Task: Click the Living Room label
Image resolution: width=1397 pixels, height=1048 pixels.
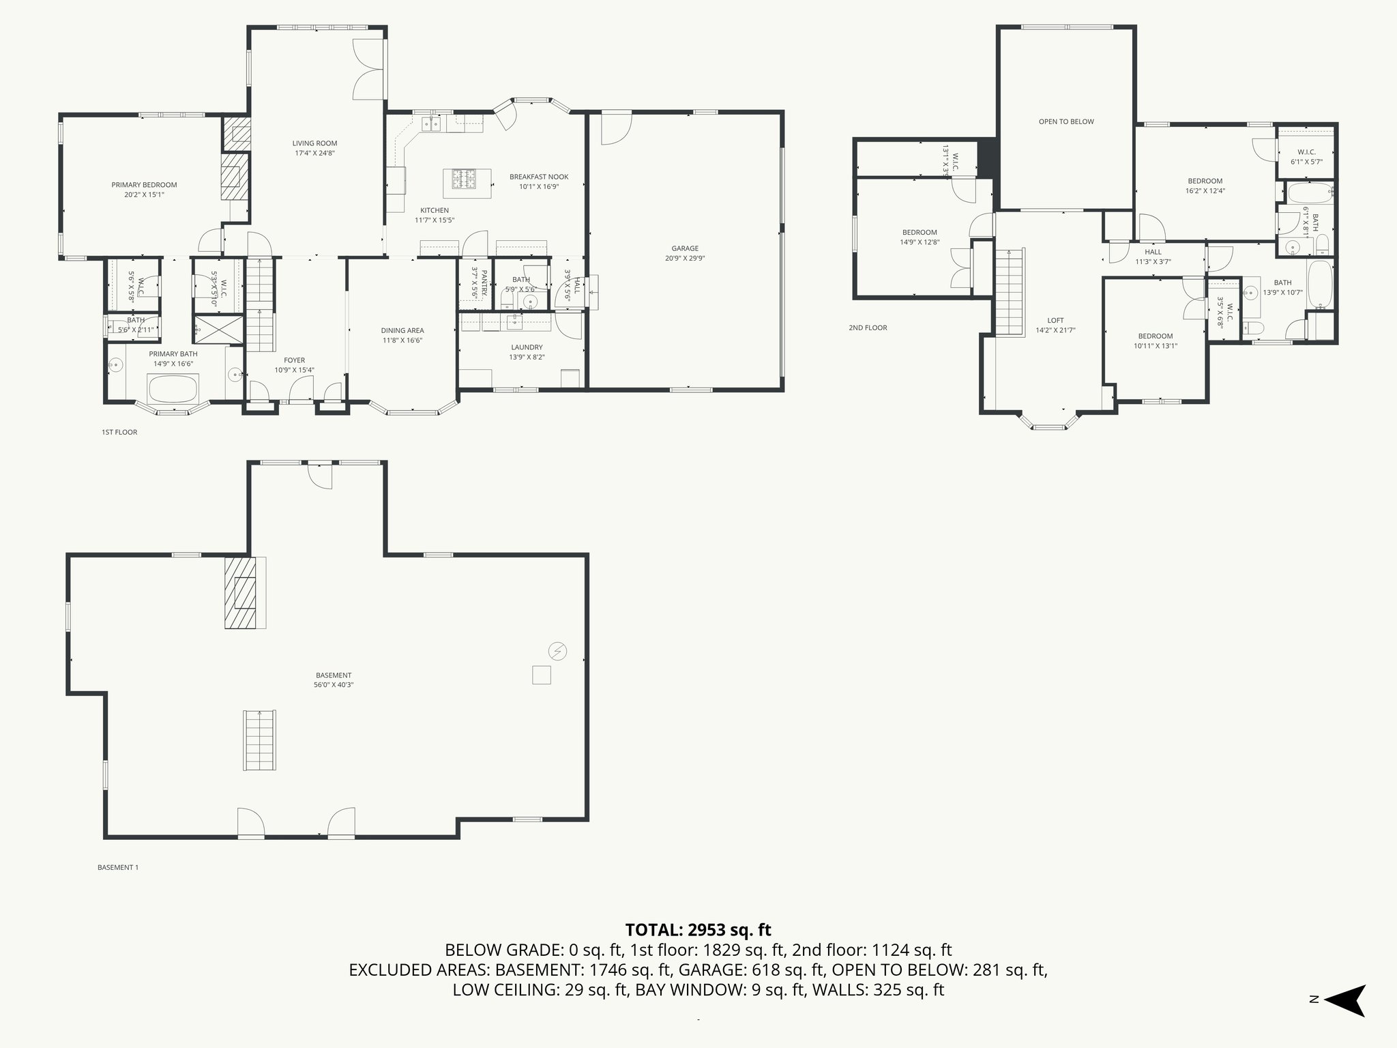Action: coord(314,143)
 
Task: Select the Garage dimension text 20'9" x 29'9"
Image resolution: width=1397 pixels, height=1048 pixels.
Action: coord(685,259)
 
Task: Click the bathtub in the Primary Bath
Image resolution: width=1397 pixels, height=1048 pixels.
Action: coord(173,390)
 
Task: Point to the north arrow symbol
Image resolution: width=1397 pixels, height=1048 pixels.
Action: coord(1344,1000)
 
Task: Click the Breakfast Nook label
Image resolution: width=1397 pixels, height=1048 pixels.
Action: coord(538,177)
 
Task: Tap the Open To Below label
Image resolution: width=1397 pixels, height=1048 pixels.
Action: coord(1065,122)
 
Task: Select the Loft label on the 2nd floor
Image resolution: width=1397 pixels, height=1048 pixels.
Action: coord(1055,321)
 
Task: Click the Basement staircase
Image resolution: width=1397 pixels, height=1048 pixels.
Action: coord(260,740)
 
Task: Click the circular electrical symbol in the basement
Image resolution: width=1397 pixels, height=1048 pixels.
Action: coord(557,651)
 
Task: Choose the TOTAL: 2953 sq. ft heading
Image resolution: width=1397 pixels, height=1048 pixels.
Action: coord(698,929)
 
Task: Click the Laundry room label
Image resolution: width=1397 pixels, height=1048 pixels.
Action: coord(526,347)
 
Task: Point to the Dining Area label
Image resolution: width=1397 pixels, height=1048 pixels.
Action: coord(402,331)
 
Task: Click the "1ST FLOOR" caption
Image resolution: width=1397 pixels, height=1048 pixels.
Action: coord(119,432)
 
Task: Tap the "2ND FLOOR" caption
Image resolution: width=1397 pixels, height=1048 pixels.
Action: coord(868,327)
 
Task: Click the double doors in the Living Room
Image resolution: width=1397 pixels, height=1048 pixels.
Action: coord(369,70)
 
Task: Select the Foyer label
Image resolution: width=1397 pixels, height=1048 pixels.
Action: coord(294,360)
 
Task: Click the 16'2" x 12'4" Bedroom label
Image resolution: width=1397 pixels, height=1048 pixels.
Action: coord(1205,181)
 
